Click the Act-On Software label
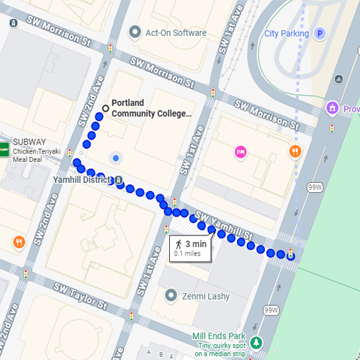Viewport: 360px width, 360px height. point(176,33)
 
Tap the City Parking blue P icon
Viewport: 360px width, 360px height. point(320,33)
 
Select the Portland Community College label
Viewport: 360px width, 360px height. point(152,108)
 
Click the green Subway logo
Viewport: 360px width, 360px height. point(4,147)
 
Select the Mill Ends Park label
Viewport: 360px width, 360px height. point(219,336)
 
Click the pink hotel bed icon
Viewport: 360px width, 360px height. point(240,152)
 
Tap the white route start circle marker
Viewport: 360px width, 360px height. point(106,109)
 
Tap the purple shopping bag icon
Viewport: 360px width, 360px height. point(332,109)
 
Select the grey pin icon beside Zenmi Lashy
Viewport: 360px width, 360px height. point(171,295)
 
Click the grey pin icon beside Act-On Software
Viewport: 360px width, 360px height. point(135,32)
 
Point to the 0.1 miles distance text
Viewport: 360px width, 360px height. point(186,253)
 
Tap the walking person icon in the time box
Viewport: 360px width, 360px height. point(179,244)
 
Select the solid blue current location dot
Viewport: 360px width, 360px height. point(115,158)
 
